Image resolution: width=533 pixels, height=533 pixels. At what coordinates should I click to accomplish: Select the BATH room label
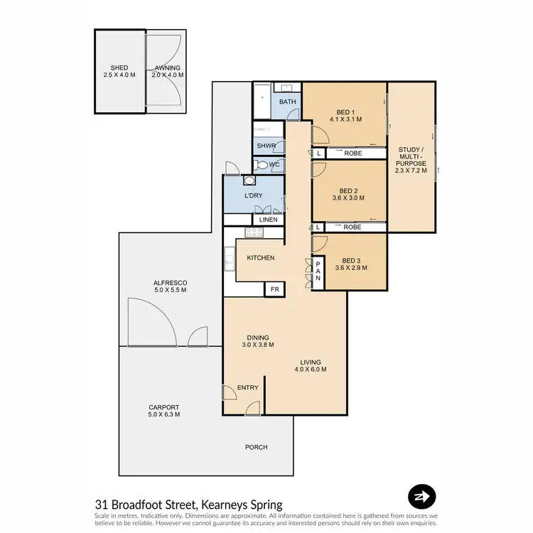[287, 102]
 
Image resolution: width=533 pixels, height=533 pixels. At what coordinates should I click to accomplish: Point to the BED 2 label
[348, 190]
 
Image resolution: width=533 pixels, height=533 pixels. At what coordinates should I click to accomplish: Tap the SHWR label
[266, 146]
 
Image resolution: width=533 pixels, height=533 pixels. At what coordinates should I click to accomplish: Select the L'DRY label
[254, 195]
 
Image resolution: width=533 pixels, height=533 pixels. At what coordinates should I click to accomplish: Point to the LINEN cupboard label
[268, 220]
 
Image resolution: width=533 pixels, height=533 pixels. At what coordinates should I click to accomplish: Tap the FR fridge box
[274, 289]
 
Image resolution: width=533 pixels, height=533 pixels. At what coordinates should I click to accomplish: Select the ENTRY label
[247, 387]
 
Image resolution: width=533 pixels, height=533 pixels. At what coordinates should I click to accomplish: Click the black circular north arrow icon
[421, 497]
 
